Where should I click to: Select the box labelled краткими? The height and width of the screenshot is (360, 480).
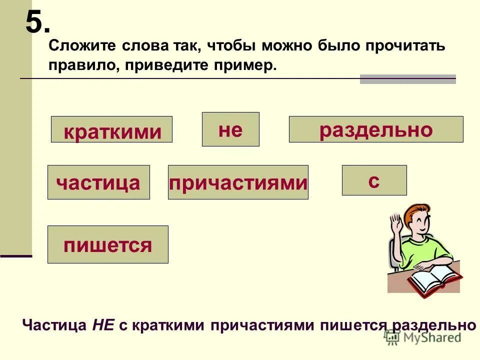coord(111,129)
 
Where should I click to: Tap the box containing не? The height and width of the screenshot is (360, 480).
coord(230,129)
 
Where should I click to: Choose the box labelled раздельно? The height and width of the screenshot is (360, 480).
coord(376,129)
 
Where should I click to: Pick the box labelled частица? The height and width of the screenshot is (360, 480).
coord(98,182)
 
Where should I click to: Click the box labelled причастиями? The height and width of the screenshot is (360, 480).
coord(238,182)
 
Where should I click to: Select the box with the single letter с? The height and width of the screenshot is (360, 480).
coord(374,180)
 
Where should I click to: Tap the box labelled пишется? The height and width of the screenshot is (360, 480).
coord(107,244)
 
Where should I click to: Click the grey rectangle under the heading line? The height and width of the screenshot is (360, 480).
coord(407,79)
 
